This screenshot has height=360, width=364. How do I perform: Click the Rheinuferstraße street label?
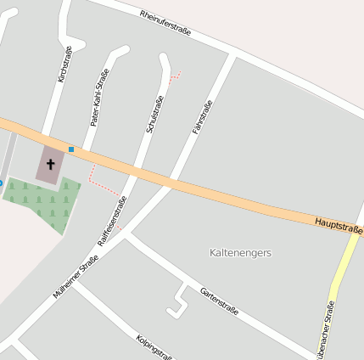(165, 23)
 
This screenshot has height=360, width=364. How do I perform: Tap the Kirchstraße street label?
(64, 65)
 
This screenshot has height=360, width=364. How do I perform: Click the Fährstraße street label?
(203, 116)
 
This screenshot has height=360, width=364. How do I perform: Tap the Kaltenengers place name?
(241, 252)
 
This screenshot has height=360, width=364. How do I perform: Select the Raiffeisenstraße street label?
(112, 221)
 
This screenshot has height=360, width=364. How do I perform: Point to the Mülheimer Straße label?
(76, 276)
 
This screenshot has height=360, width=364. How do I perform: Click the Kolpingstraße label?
(154, 346)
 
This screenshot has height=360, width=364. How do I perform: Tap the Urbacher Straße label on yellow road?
(328, 329)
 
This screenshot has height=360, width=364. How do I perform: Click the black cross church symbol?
(50, 163)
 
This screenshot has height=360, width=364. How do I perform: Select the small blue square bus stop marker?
(71, 149)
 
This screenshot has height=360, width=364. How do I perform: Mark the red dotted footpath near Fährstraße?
(176, 78)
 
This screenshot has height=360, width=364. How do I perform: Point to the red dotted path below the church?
(100, 184)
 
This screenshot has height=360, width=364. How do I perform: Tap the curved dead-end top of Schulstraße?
(163, 59)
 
